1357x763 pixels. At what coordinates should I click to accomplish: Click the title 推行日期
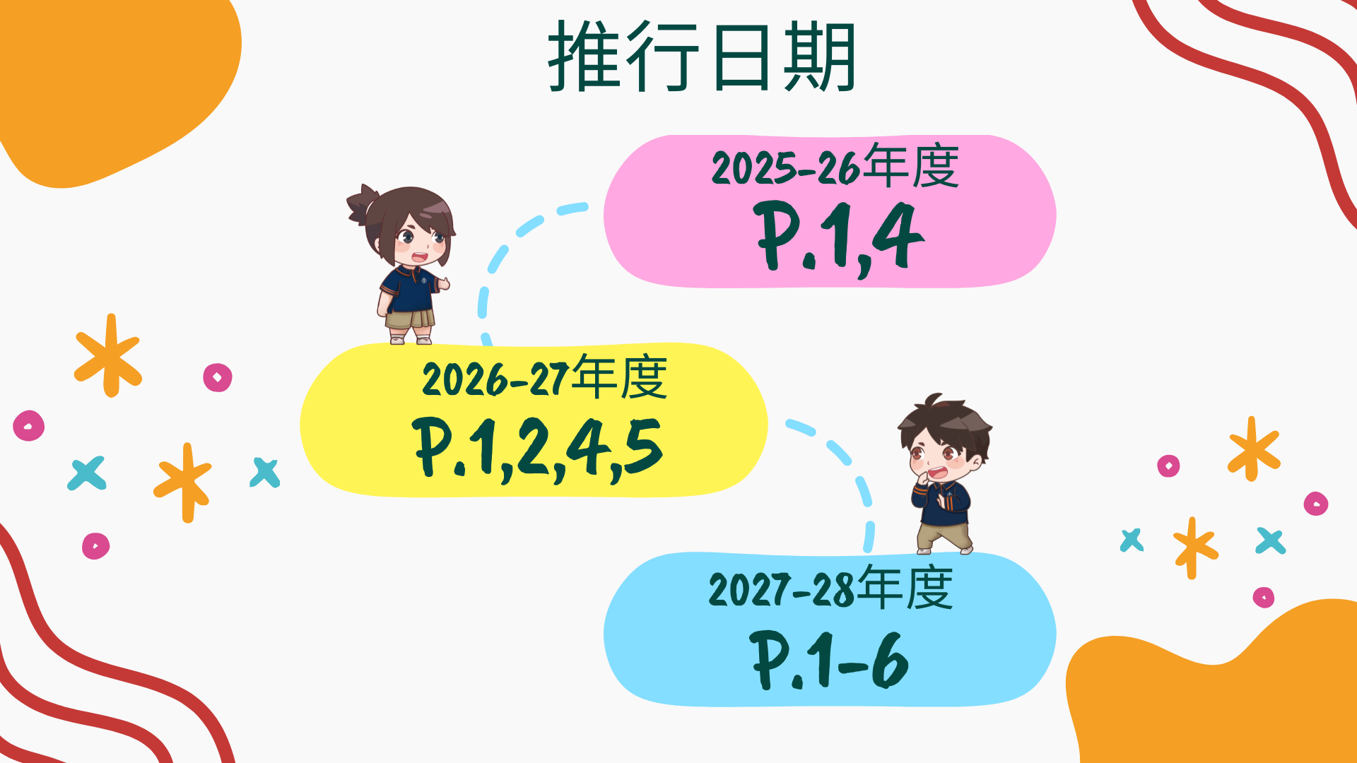click(x=702, y=57)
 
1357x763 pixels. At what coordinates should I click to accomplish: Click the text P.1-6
click(x=829, y=660)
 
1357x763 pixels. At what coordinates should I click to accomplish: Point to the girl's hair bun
click(x=363, y=204)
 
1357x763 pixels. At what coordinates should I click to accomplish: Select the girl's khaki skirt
click(x=409, y=319)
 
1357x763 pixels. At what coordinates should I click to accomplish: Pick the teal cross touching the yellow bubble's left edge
click(x=265, y=473)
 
